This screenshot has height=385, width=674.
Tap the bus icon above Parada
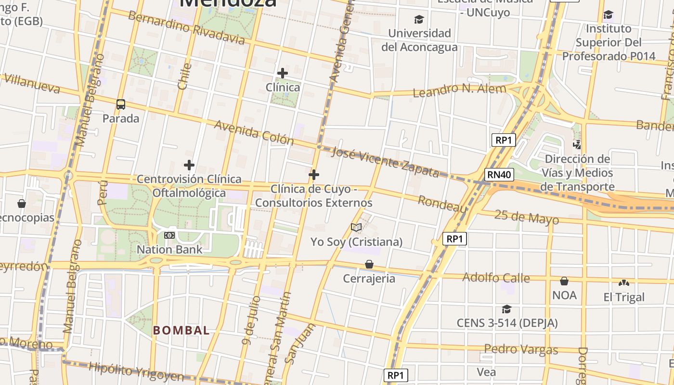[x=121, y=104]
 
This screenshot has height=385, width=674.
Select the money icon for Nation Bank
[x=169, y=235]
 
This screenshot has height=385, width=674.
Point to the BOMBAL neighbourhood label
[x=181, y=331]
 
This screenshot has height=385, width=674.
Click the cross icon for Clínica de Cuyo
[x=314, y=174]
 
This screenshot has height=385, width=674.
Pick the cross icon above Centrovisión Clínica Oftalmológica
[x=189, y=165]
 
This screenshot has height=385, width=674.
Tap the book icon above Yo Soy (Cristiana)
[x=356, y=227]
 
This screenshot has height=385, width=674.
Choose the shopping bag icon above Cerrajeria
[x=369, y=264]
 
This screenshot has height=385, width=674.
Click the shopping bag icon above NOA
[x=564, y=281]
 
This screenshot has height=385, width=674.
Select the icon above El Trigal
[x=624, y=283]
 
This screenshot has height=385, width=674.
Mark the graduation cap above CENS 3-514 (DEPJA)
[x=506, y=308]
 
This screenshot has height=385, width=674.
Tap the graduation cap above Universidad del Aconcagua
[x=419, y=19]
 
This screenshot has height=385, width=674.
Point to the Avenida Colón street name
[x=254, y=132]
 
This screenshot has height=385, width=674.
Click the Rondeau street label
[x=442, y=204]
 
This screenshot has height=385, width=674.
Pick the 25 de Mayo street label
[x=526, y=218]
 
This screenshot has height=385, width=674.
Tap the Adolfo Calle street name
[x=496, y=278]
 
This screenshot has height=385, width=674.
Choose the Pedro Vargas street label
[x=521, y=349]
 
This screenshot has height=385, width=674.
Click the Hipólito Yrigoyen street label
[x=136, y=372]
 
